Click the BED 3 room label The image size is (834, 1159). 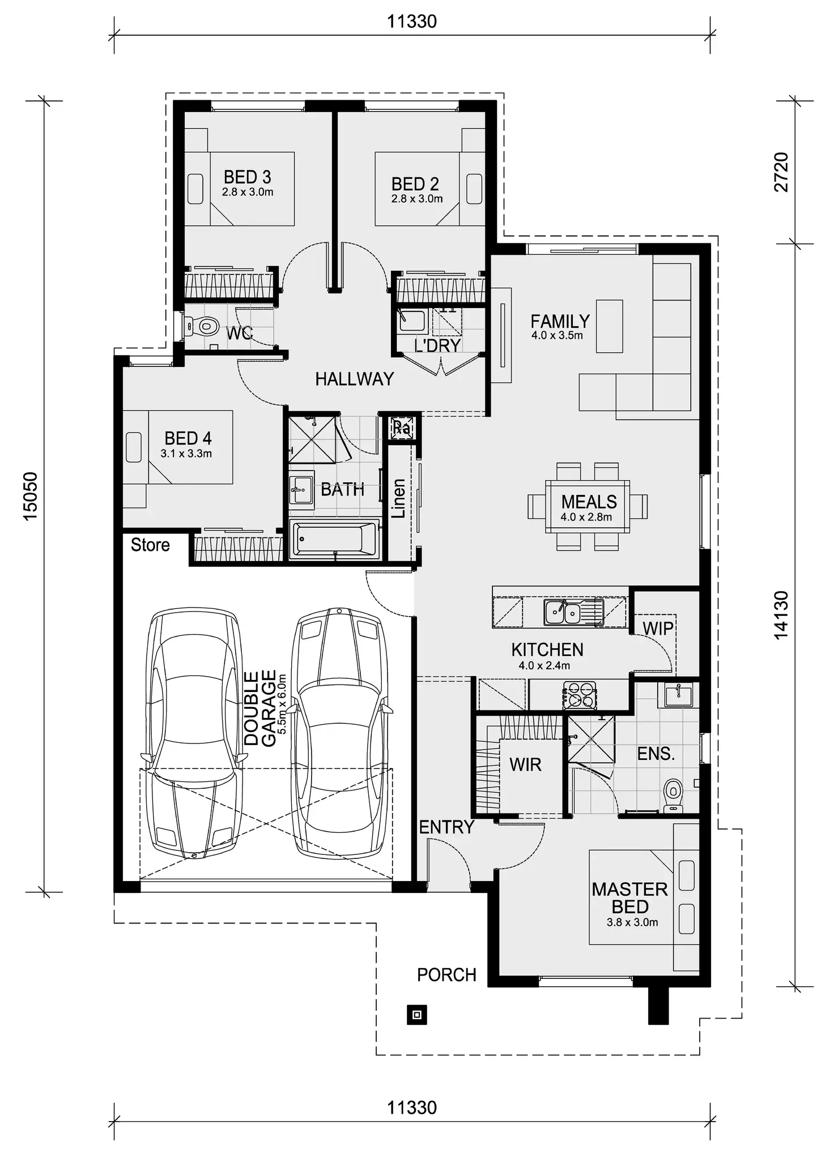[248, 177]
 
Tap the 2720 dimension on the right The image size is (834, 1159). [781, 172]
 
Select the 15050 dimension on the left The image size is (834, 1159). [29, 496]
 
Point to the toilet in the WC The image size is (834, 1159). [204, 327]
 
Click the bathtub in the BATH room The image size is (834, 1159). [334, 539]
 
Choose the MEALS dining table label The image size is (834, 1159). [589, 502]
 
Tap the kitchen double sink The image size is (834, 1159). [563, 612]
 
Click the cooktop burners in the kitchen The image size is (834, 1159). [579, 695]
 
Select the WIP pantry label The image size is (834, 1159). [658, 628]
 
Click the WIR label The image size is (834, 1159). [525, 765]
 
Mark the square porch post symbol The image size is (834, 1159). [417, 1015]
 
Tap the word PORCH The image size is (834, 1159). [446, 975]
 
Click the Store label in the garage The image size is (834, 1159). [150, 545]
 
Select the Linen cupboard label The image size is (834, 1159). [399, 498]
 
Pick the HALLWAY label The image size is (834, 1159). [354, 379]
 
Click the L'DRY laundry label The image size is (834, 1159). [437, 345]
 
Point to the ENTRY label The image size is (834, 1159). [446, 827]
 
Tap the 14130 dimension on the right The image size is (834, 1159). [781, 615]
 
